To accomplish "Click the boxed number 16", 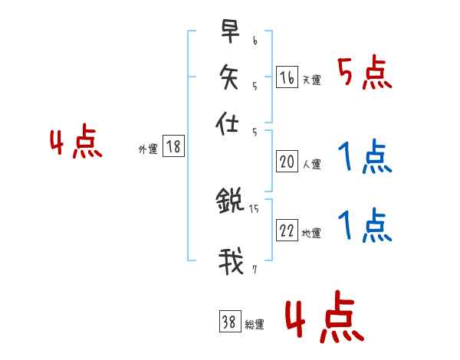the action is coord(287,77).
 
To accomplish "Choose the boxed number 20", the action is coord(287,162).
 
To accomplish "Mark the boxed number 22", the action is coord(287,231).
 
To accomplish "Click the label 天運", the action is coord(311,80).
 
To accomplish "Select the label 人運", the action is coord(311,164).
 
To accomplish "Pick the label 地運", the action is coord(311,234).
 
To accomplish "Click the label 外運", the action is coord(148,149).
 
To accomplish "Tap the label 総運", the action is coord(255,325).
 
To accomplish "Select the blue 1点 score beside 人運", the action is coord(364,159).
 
